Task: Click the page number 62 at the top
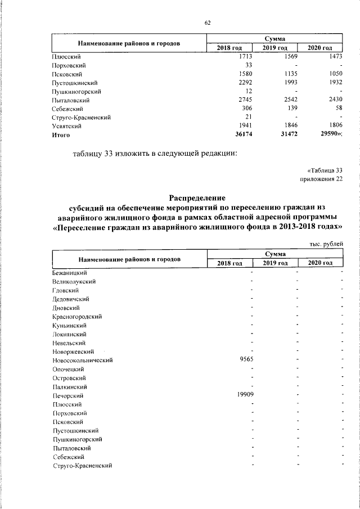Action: pyautogui.click(x=208, y=22)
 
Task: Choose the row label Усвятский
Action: pyautogui.click(x=66, y=127)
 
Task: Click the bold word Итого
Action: pyautogui.click(x=61, y=136)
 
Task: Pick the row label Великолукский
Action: pyautogui.click(x=73, y=281)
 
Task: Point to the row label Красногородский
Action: pyautogui.click(x=76, y=317)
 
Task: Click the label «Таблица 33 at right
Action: pyautogui.click(x=325, y=170)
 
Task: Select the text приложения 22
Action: pyautogui.click(x=322, y=179)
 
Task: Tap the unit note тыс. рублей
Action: pyautogui.click(x=326, y=243)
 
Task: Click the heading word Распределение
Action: pyautogui.click(x=197, y=197)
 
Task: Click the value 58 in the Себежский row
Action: pyautogui.click(x=338, y=109)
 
